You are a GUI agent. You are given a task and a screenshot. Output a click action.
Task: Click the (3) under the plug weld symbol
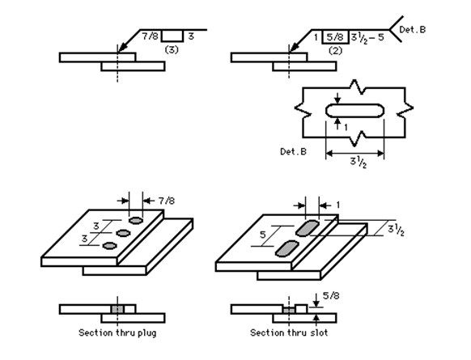[171, 49]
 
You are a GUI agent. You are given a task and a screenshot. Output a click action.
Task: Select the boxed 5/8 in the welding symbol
[336, 36]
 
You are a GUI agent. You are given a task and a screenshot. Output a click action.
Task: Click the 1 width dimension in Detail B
[346, 128]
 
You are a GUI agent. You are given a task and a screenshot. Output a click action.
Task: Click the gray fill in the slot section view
[287, 310]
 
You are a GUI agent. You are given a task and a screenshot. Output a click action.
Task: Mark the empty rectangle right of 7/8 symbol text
[172, 36]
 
